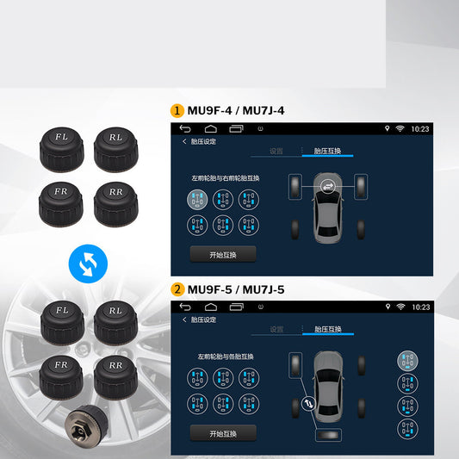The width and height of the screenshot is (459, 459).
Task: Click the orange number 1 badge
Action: (177, 110)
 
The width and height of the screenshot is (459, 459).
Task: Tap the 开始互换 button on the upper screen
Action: (223, 254)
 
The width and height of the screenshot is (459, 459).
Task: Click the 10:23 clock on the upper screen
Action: (420, 128)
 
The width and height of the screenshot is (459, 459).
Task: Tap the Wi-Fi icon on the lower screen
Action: (400, 307)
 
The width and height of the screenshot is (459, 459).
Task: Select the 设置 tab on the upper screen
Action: (276, 151)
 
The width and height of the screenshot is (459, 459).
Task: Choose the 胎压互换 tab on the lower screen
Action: (327, 329)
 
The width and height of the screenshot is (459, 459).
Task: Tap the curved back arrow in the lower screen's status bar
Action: (185, 307)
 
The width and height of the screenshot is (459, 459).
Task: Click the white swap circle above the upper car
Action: (326, 184)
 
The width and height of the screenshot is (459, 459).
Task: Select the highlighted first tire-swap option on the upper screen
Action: (197, 199)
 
